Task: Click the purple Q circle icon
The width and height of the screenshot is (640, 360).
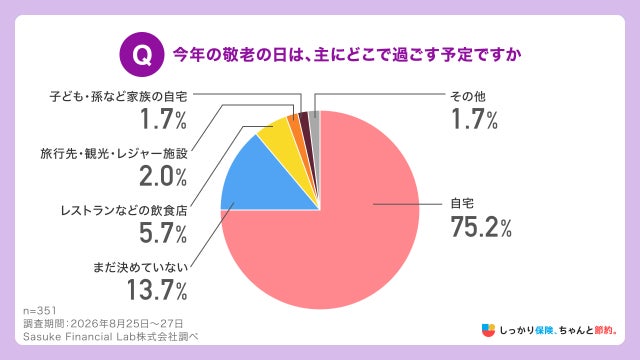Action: coord(142,54)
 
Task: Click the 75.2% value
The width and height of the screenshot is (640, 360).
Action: coord(481,227)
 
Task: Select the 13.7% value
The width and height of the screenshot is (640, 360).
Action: coord(157,290)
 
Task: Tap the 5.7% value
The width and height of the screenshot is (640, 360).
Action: coord(163,233)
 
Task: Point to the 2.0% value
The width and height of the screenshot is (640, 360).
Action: coord(163,176)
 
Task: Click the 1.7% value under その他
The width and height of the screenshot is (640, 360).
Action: coord(474,119)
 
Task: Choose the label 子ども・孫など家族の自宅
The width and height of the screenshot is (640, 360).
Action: coord(118,97)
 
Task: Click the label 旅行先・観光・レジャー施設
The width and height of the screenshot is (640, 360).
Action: coord(114,154)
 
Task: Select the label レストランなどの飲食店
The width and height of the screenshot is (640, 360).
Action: coord(124,211)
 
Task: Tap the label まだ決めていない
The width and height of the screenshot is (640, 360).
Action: coord(140,268)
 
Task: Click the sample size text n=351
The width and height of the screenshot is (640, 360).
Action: coord(40,311)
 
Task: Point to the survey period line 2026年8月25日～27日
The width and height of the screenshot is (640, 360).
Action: coord(103,324)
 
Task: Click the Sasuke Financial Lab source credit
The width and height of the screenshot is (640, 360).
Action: coord(111,337)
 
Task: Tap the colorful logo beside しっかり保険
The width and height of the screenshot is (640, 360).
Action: coord(488,330)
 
